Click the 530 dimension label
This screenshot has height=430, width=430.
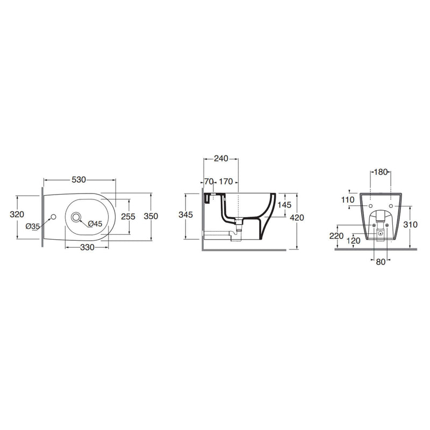click(78, 180)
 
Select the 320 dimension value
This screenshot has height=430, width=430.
click(17, 214)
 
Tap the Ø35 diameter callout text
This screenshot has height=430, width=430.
click(33, 226)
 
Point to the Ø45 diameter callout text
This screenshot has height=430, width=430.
click(95, 224)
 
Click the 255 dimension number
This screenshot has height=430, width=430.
click(128, 217)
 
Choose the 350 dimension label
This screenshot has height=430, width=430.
click(151, 216)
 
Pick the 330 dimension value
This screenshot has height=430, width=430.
click(87, 247)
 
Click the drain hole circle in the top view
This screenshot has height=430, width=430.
click(76, 217)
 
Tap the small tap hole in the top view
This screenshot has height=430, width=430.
click(53, 217)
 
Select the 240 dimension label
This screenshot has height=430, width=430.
click(221, 158)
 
